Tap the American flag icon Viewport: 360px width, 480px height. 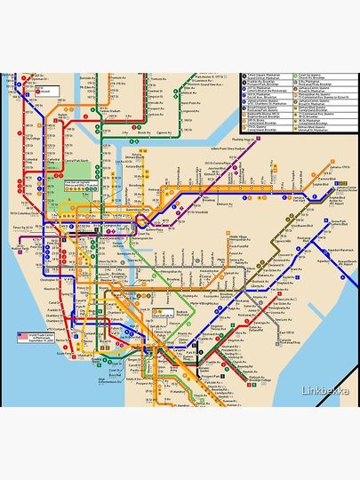(x=21, y=337)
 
